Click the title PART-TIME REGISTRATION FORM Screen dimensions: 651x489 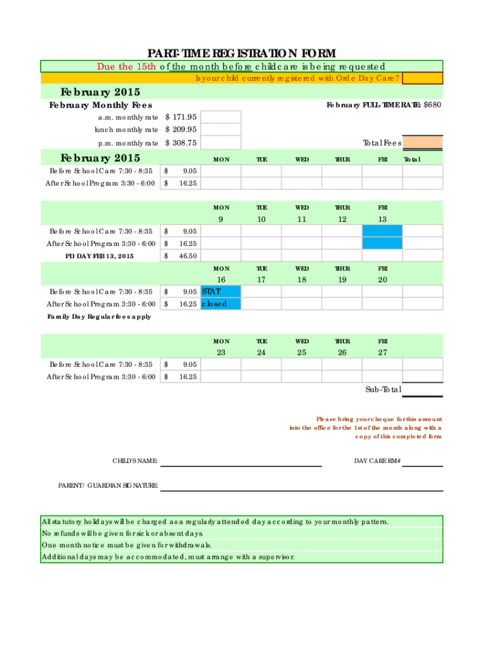coord(241,53)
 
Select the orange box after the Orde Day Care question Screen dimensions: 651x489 coord(422,78)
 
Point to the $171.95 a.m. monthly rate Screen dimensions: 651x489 coord(181,117)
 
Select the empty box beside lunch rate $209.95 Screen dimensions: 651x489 coord(222,130)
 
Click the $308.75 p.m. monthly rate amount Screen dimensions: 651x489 coord(181,143)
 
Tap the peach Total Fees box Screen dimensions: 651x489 coord(423,143)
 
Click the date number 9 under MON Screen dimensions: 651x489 coord(220,219)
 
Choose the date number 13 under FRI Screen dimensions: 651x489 coord(382,219)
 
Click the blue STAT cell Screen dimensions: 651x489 coord(220,291)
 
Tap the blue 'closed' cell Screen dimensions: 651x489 coord(220,304)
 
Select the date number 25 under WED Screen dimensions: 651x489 coord(301,352)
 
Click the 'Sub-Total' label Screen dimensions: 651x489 coord(382,390)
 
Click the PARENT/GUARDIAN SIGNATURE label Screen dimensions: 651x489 coord(108,485)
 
